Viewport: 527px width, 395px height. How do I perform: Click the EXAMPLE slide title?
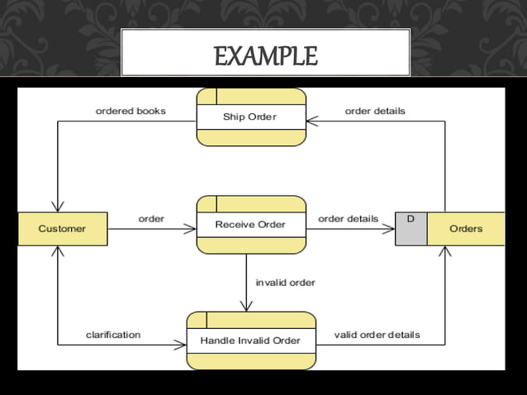(x=265, y=56)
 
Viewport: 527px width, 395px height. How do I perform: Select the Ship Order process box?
(x=250, y=117)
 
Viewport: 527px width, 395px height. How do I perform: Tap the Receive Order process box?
(x=250, y=224)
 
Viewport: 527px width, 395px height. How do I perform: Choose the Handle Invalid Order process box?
(x=250, y=340)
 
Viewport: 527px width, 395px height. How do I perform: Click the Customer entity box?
(x=62, y=229)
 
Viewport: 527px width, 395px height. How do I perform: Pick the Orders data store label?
(x=466, y=229)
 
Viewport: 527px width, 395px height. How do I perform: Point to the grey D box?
(x=411, y=229)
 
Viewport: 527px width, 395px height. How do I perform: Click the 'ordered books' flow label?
(x=131, y=111)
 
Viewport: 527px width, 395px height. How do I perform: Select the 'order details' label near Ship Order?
(x=375, y=111)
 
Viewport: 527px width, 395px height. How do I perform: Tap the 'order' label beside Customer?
(x=151, y=219)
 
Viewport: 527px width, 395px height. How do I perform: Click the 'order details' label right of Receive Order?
(x=348, y=219)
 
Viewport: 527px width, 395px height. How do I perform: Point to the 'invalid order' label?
(x=286, y=283)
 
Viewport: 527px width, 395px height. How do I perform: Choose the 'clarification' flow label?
(x=113, y=335)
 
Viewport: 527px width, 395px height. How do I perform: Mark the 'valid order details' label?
(x=377, y=335)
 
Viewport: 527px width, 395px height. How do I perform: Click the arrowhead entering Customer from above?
(x=57, y=207)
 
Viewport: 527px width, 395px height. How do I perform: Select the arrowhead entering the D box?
(x=390, y=229)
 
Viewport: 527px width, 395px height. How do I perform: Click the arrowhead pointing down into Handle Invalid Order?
(x=246, y=307)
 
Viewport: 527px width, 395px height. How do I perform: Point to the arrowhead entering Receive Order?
(x=192, y=229)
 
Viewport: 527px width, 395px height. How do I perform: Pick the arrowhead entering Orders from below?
(x=445, y=250)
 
